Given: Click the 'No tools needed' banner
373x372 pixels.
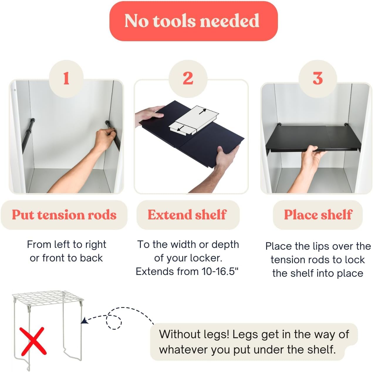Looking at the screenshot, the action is [x=193, y=21].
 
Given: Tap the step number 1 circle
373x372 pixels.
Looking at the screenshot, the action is [x=66, y=79].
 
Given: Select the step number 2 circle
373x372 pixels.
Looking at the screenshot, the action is [x=188, y=79].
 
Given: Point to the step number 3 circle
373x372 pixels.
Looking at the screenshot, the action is [x=318, y=79].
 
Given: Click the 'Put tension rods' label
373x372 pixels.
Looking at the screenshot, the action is [x=64, y=215].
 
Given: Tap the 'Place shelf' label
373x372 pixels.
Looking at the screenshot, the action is [x=318, y=215].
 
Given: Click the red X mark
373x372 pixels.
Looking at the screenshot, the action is [x=33, y=341].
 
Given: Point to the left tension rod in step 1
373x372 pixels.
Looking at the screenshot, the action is [x=28, y=135].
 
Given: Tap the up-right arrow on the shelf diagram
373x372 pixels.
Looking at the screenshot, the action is [x=203, y=111].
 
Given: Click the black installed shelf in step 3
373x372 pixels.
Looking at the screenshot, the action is [x=314, y=139].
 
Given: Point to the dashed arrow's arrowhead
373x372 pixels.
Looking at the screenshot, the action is [x=84, y=321].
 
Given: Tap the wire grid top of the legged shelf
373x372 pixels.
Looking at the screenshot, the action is [x=48, y=298].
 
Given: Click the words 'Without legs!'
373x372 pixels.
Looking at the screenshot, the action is [x=194, y=334].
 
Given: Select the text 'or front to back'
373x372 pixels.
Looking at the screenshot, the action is [x=66, y=258].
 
